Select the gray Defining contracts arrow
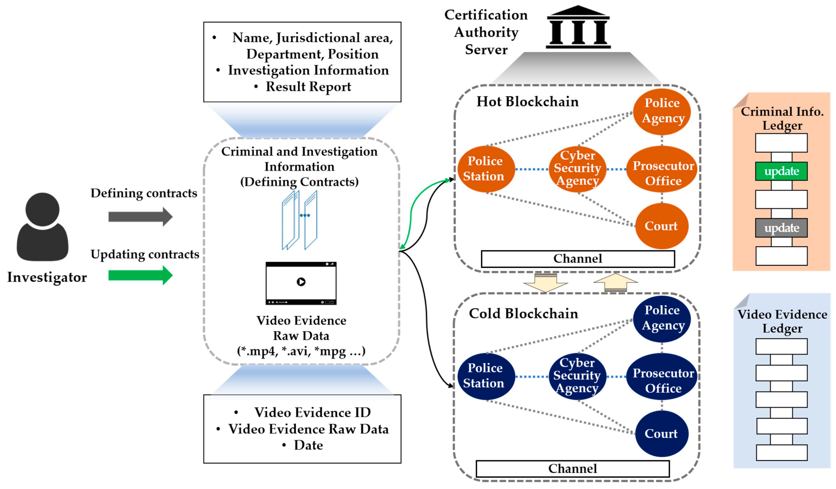tap(140, 217)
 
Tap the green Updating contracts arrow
tap(140, 275)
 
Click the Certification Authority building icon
tap(578, 27)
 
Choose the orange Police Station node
tap(486, 169)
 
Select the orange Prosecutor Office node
tap(662, 169)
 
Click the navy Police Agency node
tap(662, 319)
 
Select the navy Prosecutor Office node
tap(662, 376)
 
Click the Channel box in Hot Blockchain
tap(578, 259)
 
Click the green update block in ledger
tap(781, 171)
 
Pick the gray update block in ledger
tap(781, 228)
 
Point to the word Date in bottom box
tap(308, 445)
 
